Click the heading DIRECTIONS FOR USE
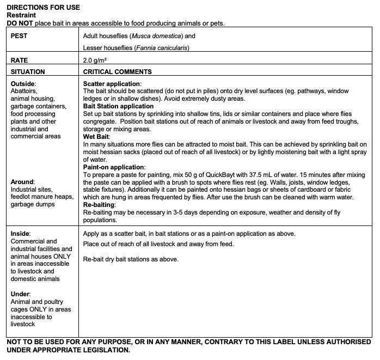(43, 8)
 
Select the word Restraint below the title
(21, 15)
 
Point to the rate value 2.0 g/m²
(95, 60)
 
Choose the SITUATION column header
(28, 71)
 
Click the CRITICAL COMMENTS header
(117, 71)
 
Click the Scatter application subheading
(112, 83)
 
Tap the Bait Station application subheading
(118, 106)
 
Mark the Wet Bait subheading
(96, 136)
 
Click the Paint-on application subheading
(113, 167)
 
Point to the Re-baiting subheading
(99, 205)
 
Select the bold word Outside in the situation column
(22, 83)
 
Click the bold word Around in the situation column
(22, 181)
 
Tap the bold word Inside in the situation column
(20, 233)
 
